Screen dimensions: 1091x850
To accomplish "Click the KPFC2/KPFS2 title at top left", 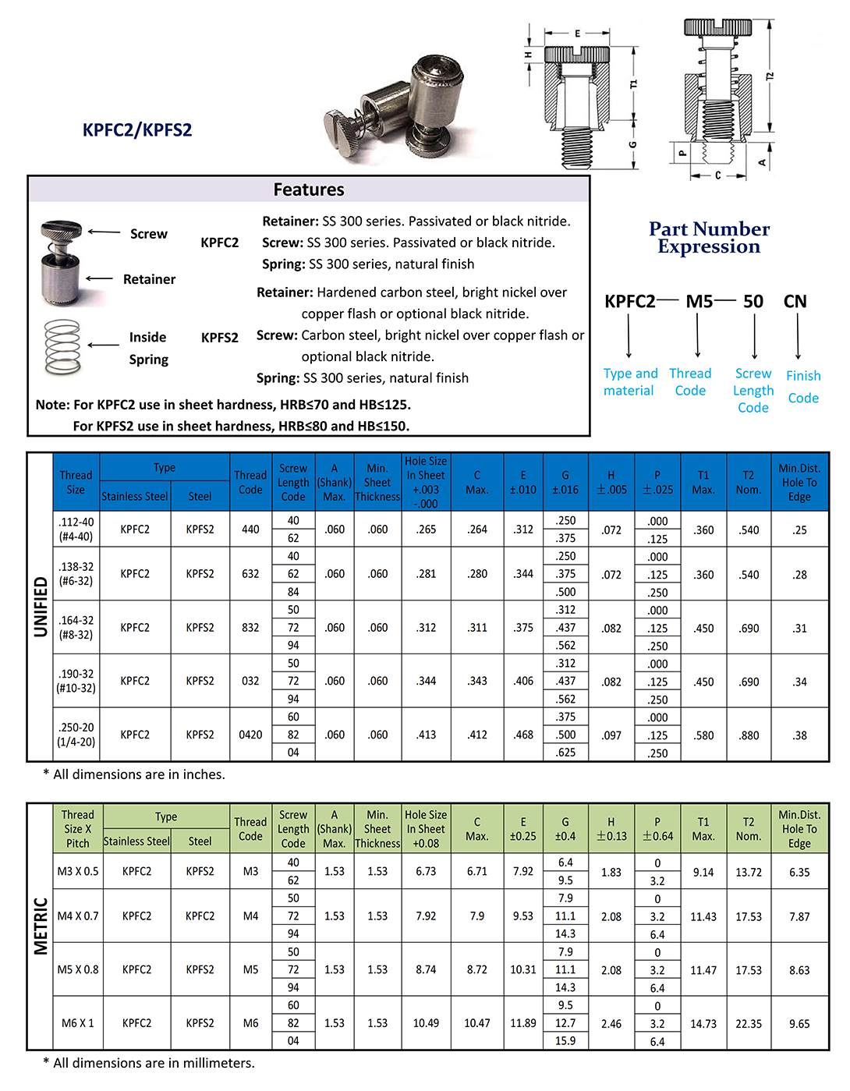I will [x=137, y=129].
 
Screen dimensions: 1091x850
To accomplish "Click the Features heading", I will [x=309, y=190].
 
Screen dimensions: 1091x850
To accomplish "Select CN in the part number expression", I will [x=795, y=302].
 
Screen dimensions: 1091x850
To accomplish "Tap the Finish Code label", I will [x=803, y=387].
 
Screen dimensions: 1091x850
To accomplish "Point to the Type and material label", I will [x=630, y=382].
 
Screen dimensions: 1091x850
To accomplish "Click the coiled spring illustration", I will [x=63, y=347].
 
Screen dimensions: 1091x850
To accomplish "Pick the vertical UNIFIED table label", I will [x=41, y=607].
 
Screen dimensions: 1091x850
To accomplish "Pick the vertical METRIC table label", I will [x=41, y=926].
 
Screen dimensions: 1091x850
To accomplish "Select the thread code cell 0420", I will [x=250, y=735].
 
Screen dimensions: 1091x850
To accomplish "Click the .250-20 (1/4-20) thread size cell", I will [x=76, y=735].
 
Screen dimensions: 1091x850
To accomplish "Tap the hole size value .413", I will [x=426, y=735].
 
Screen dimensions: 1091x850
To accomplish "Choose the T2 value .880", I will [x=749, y=735].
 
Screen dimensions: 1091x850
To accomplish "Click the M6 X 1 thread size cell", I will [x=78, y=1023].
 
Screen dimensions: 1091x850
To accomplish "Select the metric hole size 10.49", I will [x=426, y=1023].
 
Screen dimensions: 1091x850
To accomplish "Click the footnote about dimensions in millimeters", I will [x=149, y=1063].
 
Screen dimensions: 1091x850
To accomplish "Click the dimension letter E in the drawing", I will [x=577, y=34].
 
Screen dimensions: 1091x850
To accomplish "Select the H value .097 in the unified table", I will [x=611, y=735].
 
